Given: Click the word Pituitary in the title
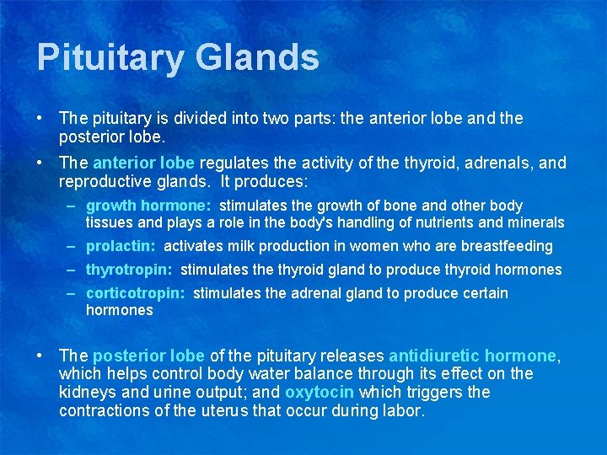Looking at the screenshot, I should [x=110, y=58].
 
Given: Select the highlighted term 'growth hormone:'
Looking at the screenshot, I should [x=148, y=206].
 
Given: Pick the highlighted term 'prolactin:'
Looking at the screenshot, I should [x=121, y=246].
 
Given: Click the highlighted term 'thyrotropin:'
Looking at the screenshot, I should [x=129, y=270].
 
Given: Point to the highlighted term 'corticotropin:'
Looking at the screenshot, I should [x=135, y=293].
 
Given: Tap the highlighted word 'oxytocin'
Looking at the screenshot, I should [x=320, y=393].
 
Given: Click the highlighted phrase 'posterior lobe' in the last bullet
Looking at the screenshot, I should [x=148, y=356].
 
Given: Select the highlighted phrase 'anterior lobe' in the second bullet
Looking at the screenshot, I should [x=143, y=163].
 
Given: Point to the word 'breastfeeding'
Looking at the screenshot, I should [x=511, y=246].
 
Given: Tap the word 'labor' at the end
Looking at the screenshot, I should [x=404, y=411].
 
